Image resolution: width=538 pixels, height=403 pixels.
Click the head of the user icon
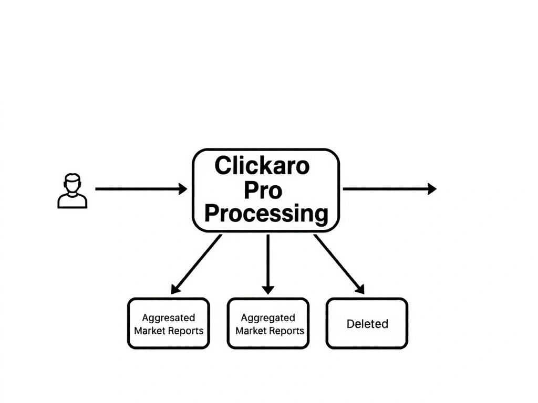coord(73,184)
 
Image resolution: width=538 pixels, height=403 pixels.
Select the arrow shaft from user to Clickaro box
coord(137,189)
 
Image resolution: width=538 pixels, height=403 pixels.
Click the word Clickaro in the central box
coord(262,166)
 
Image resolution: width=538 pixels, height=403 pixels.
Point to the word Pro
coord(263,190)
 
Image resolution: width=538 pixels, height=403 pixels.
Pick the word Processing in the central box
coord(266,214)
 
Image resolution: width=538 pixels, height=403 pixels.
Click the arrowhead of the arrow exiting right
coord(432,189)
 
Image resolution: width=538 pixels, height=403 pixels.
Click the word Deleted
coord(367,324)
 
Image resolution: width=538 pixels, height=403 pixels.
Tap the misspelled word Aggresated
coord(168,317)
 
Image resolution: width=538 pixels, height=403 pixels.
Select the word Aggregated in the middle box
coord(268,317)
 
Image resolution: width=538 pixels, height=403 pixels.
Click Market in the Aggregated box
coord(251,331)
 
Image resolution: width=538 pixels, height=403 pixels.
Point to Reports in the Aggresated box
coord(186,331)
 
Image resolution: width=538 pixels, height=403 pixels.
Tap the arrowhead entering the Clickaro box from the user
coord(183,189)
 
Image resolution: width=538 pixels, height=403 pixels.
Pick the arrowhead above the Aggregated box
coord(268,289)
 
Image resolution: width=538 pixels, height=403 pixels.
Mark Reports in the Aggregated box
coord(287,331)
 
